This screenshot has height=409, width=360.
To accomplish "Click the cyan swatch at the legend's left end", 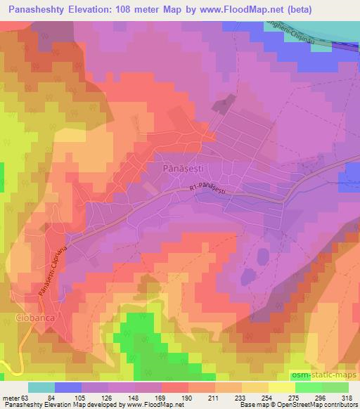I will [41, 387].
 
